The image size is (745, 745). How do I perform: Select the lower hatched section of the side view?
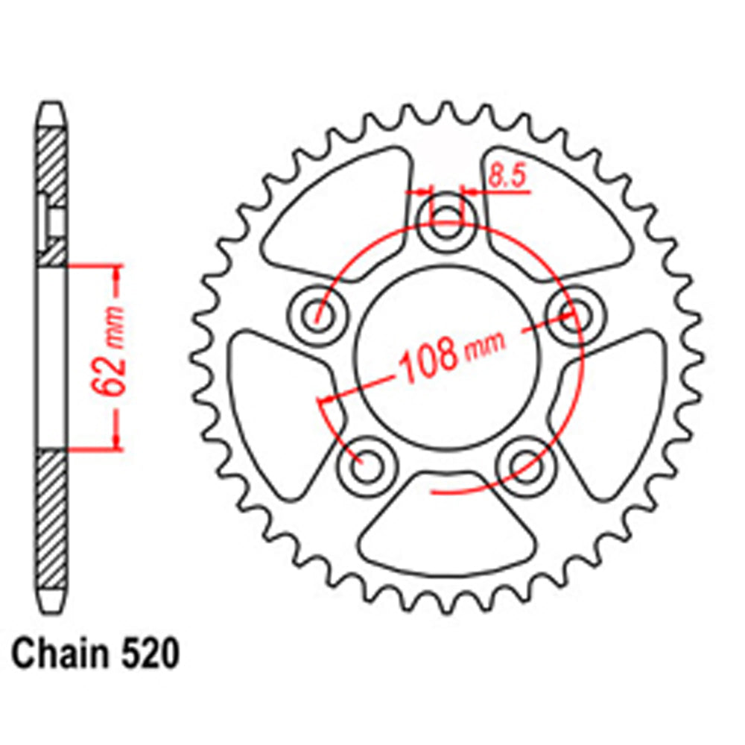[x=52, y=514]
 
